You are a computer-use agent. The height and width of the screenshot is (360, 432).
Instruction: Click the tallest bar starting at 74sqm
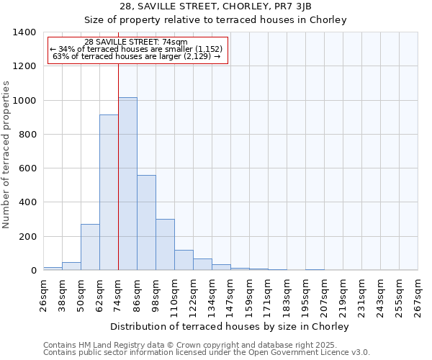coord(127,184)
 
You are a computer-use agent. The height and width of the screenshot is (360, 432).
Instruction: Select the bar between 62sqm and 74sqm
coord(109,192)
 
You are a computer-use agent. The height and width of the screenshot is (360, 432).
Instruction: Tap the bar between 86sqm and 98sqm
coord(146,222)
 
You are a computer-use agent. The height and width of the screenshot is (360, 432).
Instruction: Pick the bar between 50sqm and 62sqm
coord(90,247)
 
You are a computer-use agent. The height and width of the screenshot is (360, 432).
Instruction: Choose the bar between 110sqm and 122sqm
coord(184,260)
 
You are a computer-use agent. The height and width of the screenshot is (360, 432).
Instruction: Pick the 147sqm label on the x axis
coord(231,295)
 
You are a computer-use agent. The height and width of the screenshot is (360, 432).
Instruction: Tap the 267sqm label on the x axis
coord(418,295)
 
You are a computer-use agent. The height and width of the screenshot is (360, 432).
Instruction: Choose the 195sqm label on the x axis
coord(305,295)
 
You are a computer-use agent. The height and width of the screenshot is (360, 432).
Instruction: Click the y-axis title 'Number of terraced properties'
coord(6,155)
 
